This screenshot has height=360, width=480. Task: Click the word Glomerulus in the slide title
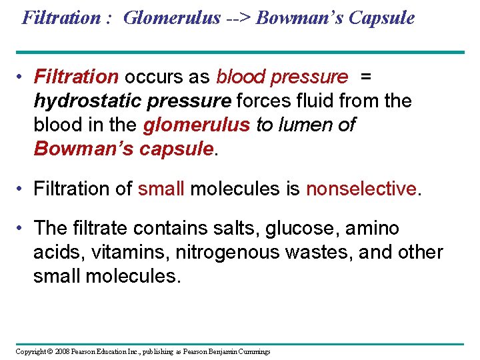point(171,18)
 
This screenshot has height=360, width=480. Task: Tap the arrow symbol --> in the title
point(237,18)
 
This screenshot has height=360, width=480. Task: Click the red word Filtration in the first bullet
point(76,77)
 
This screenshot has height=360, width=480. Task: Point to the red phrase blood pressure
point(281,77)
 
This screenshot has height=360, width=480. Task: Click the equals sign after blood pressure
point(365,77)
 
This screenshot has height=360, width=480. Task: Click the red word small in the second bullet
point(161,189)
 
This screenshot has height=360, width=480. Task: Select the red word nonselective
point(361,189)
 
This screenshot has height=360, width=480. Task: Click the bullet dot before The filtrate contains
point(22,229)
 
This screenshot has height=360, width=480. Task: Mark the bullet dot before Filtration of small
point(22,189)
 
